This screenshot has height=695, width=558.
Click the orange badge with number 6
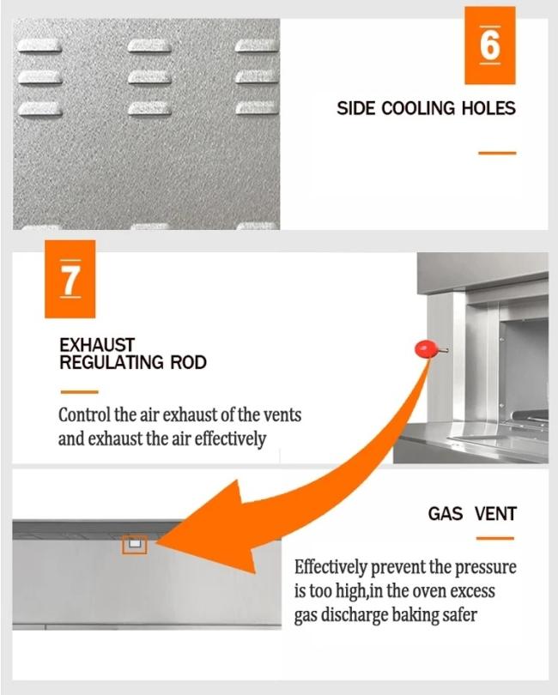tap(489, 45)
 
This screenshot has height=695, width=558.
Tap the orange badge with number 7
tap(70, 279)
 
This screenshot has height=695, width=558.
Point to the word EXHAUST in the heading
tap(97, 345)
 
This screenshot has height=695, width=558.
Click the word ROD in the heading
tap(189, 363)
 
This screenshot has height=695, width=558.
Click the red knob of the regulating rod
tap(424, 349)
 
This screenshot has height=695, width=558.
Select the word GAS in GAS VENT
tap(446, 514)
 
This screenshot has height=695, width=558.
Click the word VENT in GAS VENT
tap(495, 514)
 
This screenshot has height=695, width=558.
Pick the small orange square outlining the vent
tap(135, 544)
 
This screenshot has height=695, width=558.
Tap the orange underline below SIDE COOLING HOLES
tap(497, 153)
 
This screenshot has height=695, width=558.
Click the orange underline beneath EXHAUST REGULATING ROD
tap(79, 392)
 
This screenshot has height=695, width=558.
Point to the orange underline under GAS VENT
tap(495, 539)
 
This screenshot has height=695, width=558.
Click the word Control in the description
tap(84, 415)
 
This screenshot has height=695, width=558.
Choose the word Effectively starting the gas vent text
tap(331, 567)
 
